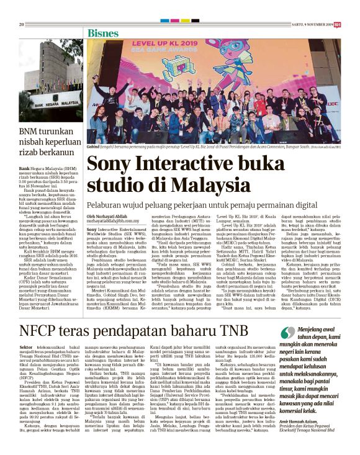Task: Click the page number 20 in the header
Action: [x=21, y=24]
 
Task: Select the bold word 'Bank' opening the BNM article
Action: [x=24, y=168]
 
